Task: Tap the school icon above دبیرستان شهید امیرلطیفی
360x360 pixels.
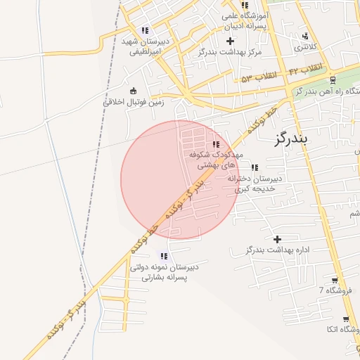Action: [x=144, y=31]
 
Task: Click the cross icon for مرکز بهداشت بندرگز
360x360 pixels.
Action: [x=230, y=41]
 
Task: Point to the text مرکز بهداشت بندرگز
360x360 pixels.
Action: [x=229, y=53]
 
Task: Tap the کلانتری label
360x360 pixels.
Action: [x=304, y=47]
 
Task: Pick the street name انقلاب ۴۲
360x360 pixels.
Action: [x=306, y=67]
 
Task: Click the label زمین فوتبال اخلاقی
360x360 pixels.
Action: [x=134, y=101]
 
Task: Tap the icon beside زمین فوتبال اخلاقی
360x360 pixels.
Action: [x=133, y=90]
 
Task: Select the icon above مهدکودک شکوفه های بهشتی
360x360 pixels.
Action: [x=215, y=144]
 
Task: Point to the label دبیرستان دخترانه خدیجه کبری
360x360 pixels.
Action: [x=255, y=184]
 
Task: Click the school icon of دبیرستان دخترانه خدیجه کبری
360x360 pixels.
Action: [x=255, y=167]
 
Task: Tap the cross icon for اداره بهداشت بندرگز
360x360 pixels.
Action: [x=277, y=240]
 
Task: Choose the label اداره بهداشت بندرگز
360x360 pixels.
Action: [x=274, y=250]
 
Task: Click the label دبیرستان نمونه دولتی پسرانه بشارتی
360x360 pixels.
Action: [x=163, y=273]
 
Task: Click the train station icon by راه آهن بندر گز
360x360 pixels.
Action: [x=333, y=80]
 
